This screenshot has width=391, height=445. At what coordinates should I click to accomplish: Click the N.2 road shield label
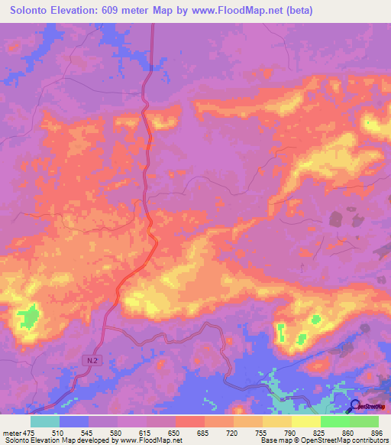(92, 358)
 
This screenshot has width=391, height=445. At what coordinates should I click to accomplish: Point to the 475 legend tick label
(30, 433)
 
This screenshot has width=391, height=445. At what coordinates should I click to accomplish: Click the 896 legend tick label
(378, 433)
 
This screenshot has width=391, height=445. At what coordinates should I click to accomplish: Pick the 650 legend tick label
(176, 433)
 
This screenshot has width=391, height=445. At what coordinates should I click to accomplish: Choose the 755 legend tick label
(262, 433)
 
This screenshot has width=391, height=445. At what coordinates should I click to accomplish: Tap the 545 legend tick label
(89, 433)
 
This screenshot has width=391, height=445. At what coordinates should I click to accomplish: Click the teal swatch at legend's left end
(45, 421)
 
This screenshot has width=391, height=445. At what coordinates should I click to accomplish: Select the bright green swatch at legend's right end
(364, 421)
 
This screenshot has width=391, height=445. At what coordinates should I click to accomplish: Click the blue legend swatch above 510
(74, 421)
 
